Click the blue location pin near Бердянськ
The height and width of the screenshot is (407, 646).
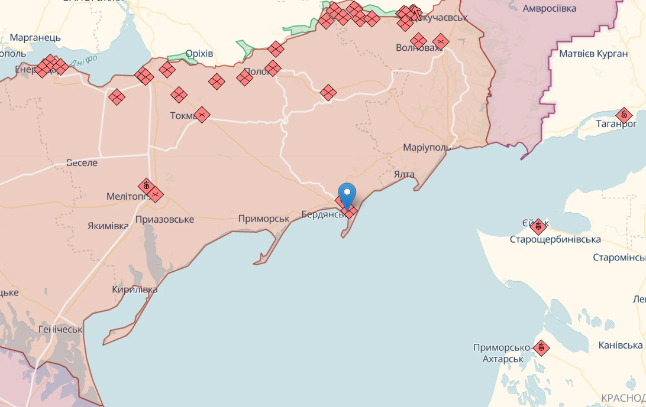tap(347, 194)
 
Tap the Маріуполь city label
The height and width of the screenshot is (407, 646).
tap(427, 147)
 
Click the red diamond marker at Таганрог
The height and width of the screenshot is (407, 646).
tap(624, 116)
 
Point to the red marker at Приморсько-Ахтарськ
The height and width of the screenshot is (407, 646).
tap(541, 348)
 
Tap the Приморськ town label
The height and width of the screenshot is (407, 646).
tap(264, 219)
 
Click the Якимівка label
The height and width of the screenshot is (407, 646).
tap(108, 226)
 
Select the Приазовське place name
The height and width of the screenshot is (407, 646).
tap(164, 220)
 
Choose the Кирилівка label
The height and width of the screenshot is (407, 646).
tap(135, 289)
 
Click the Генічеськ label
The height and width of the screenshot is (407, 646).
tap(60, 329)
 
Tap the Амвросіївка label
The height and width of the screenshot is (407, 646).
tap(550, 8)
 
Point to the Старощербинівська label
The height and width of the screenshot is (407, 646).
tap(555, 239)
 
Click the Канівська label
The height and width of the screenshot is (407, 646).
tap(621, 345)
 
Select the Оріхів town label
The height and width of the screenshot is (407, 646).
tap(199, 54)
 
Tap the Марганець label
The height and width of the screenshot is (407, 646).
tap(35, 38)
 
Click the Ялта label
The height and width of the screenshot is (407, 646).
tap(405, 174)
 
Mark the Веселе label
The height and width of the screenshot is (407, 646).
tap(82, 162)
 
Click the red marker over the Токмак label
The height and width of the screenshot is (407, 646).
tap(202, 115)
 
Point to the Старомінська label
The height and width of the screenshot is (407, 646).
tap(619, 258)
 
